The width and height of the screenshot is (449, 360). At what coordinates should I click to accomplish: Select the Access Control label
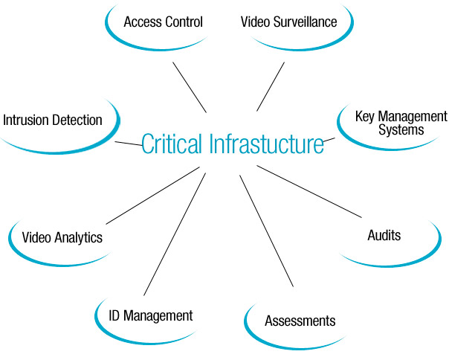tap(164, 21)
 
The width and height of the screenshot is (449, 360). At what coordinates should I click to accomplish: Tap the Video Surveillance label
tap(288, 21)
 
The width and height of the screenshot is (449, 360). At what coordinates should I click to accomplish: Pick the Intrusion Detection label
tap(53, 120)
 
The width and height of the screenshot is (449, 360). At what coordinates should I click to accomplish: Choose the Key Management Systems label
tap(401, 123)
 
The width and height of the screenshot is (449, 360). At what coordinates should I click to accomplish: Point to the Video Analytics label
tap(62, 238)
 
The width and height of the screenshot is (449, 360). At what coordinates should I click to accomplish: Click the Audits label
tap(384, 236)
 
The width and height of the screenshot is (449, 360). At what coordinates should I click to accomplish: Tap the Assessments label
tap(300, 321)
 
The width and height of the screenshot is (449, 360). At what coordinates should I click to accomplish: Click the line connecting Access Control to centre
tap(189, 86)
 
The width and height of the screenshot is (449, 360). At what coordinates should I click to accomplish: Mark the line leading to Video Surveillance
tap(271, 86)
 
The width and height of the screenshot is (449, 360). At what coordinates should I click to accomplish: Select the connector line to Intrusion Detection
tap(128, 144)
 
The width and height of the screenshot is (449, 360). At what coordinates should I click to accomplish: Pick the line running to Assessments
tap(265, 231)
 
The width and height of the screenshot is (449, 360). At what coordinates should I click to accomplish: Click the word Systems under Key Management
tap(401, 129)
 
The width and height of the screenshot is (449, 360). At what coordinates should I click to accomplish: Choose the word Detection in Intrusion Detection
tap(78, 120)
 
